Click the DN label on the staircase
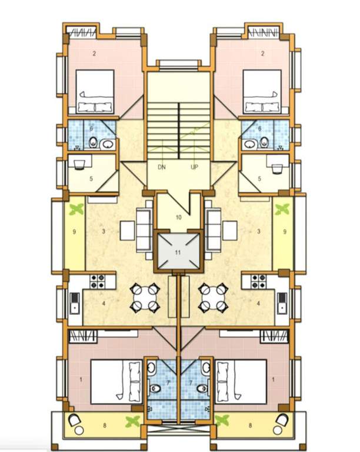pyautogui.click(x=162, y=167)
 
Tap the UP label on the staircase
pyautogui.click(x=194, y=167)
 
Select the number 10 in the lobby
pyautogui.click(x=178, y=217)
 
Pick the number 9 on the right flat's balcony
pyautogui.click(x=285, y=232)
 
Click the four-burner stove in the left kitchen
pyautogui.click(x=97, y=281)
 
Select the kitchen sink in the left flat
pyautogui.click(x=75, y=304)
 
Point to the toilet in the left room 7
pyautogui.click(x=155, y=388)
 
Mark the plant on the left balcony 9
pyautogui.click(x=75, y=209)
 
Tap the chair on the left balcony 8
pyautogui.click(x=75, y=420)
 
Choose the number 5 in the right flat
pyautogui.click(x=259, y=179)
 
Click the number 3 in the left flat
pyautogui.click(x=103, y=232)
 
